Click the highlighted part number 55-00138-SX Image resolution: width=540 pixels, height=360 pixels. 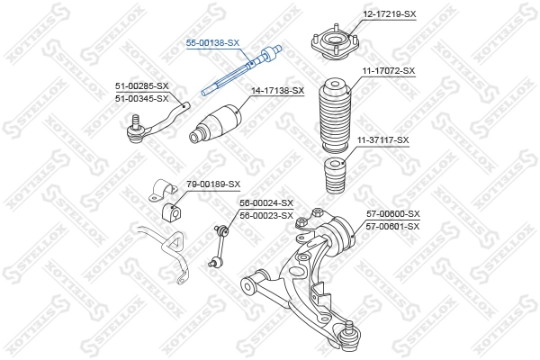(212, 42)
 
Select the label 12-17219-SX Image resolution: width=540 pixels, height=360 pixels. (390, 13)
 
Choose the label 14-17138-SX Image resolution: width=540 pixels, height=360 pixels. (277, 90)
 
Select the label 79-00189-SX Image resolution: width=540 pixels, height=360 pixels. (213, 184)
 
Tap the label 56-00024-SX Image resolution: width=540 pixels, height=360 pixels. (266, 203)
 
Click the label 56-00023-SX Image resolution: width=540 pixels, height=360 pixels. (266, 215)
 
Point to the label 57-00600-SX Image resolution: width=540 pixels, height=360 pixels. (392, 214)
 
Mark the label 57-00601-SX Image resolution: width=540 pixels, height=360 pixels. (392, 226)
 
